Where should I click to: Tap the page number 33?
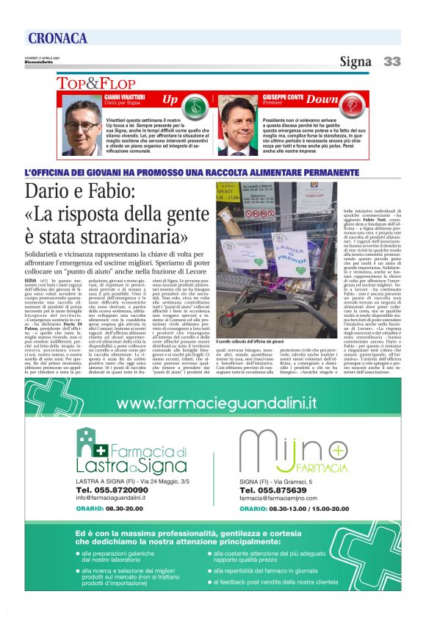pos(392,62)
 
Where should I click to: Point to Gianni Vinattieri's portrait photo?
pos(83,125)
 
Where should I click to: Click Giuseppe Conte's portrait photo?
pos(238,125)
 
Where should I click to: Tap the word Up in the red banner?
pos(170,99)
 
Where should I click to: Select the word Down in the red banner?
pos(322,99)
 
